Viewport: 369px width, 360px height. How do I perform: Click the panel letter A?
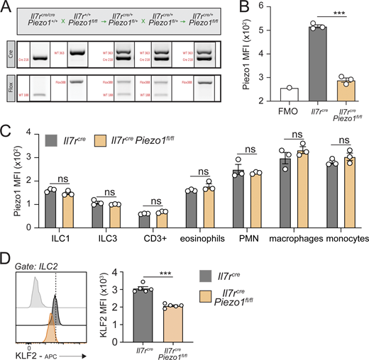tap(7, 8)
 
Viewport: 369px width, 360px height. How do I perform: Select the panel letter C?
tap(7, 133)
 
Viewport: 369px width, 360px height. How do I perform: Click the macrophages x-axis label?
tap(285, 239)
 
